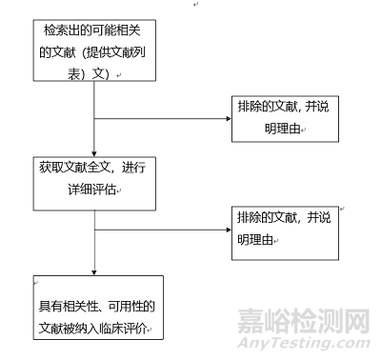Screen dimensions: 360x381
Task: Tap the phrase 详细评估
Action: click(x=93, y=190)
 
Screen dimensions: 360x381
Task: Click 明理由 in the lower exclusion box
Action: click(x=260, y=239)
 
